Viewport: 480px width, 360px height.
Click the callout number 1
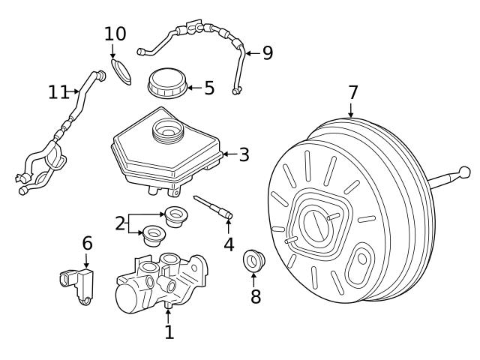click(x=169, y=331)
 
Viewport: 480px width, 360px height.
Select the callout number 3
click(x=244, y=155)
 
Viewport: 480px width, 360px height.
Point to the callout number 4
click(x=229, y=244)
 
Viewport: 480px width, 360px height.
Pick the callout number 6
click(x=87, y=243)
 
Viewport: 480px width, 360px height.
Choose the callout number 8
click(x=256, y=296)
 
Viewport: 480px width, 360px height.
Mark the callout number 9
click(x=267, y=52)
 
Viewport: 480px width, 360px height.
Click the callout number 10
click(x=115, y=34)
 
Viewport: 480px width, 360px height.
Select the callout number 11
click(x=58, y=91)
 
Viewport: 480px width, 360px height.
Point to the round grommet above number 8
click(x=254, y=262)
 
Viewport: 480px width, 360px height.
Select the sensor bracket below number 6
click(x=77, y=286)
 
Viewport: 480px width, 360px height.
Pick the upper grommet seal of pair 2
click(x=175, y=214)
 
